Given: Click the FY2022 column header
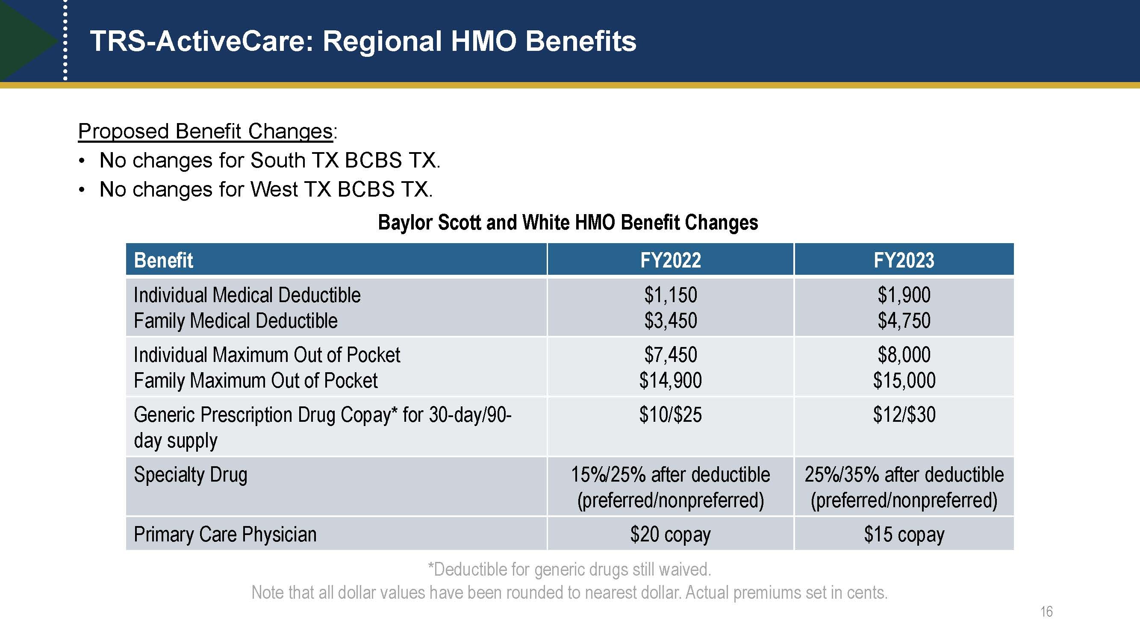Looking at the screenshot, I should [671, 260].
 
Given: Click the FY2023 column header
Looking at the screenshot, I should [904, 260].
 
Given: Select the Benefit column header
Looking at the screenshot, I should [163, 260].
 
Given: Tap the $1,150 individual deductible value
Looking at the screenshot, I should [671, 294].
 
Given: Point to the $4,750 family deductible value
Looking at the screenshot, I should [904, 320].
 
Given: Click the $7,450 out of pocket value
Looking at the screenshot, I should [671, 355].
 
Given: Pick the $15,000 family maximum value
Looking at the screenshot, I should [904, 380].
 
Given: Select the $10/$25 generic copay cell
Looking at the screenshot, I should [671, 415].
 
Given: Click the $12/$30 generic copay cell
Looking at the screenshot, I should [904, 415].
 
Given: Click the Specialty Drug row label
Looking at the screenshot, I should [190, 475].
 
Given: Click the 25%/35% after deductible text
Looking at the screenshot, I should [904, 475].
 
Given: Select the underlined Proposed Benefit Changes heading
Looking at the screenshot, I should [205, 131].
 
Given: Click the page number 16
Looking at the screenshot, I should [1046, 612].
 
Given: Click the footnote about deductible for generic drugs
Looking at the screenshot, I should [569, 569].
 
